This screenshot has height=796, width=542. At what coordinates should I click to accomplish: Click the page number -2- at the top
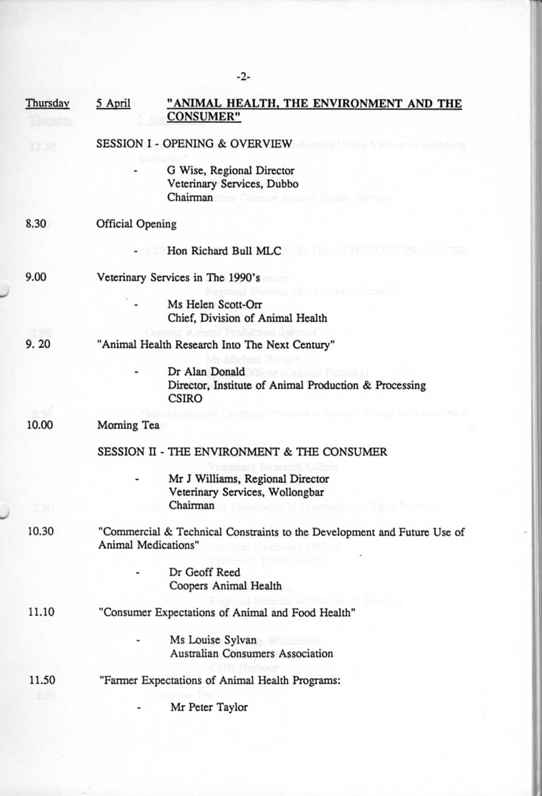(x=243, y=77)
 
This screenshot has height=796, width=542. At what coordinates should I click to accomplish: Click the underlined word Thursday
(x=48, y=104)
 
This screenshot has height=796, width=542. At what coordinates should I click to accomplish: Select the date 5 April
(x=113, y=104)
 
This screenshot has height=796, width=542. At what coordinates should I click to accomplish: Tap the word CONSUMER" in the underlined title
(x=205, y=116)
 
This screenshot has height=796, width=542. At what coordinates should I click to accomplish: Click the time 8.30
(x=36, y=224)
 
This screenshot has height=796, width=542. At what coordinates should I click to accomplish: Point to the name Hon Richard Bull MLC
(x=224, y=250)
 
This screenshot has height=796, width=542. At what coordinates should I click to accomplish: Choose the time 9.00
(x=36, y=278)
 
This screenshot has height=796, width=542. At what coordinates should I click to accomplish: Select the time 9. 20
(x=37, y=345)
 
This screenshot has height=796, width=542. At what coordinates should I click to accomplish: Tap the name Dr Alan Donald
(x=207, y=372)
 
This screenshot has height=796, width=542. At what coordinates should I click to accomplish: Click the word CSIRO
(x=185, y=398)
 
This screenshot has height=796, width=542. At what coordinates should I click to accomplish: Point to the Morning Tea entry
(x=128, y=425)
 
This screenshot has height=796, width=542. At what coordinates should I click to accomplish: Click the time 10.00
(x=39, y=425)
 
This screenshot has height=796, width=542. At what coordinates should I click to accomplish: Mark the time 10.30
(x=40, y=532)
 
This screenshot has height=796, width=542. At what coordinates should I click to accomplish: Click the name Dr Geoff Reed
(x=205, y=573)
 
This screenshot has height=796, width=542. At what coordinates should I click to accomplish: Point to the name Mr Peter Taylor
(x=209, y=707)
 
